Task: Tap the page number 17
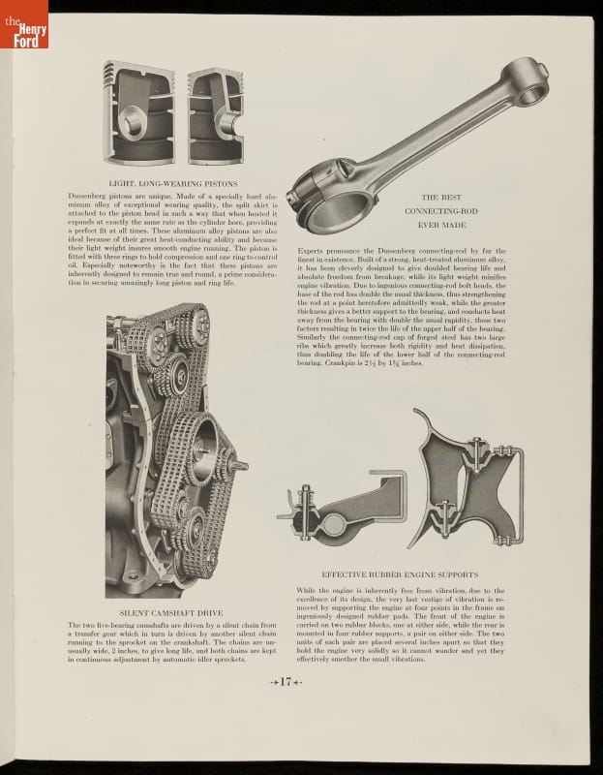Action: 286,683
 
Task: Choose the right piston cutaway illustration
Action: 215,113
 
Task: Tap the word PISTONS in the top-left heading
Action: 214,182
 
